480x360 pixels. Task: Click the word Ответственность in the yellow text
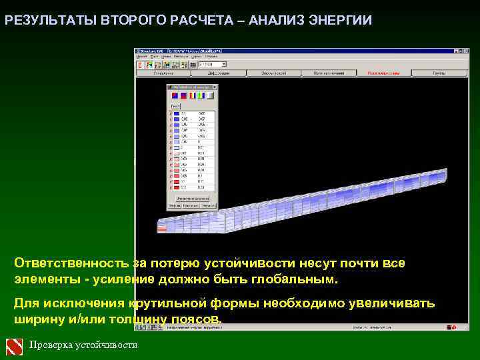71,263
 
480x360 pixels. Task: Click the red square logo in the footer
14,346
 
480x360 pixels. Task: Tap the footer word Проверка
51,345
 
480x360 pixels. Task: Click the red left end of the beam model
163,228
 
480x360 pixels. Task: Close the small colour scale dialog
216,87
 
